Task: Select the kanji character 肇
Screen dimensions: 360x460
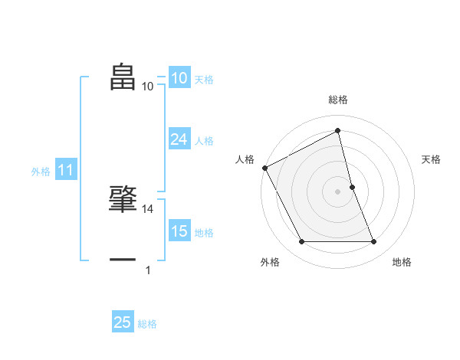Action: (123, 199)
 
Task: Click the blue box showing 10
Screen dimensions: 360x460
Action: (179, 78)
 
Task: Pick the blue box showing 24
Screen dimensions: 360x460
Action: (179, 139)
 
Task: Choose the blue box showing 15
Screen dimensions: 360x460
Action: (179, 231)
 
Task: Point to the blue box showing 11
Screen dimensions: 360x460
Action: (65, 171)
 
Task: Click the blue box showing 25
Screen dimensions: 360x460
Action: (123, 322)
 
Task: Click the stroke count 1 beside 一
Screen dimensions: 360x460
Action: (148, 270)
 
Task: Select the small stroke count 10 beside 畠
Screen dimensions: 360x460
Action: (148, 87)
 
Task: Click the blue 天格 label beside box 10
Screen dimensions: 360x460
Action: (204, 79)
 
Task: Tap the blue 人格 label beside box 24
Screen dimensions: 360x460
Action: (204, 140)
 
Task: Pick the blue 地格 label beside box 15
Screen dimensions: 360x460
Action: (204, 232)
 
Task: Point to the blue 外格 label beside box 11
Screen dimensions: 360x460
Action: (41, 172)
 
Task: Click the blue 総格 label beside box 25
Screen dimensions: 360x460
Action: (147, 323)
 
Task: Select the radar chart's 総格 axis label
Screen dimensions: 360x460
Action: (337, 100)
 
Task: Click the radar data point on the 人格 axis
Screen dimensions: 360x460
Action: (264, 168)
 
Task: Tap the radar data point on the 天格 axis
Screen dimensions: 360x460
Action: (352, 187)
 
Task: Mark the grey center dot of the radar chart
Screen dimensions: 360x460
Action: (337, 191)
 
